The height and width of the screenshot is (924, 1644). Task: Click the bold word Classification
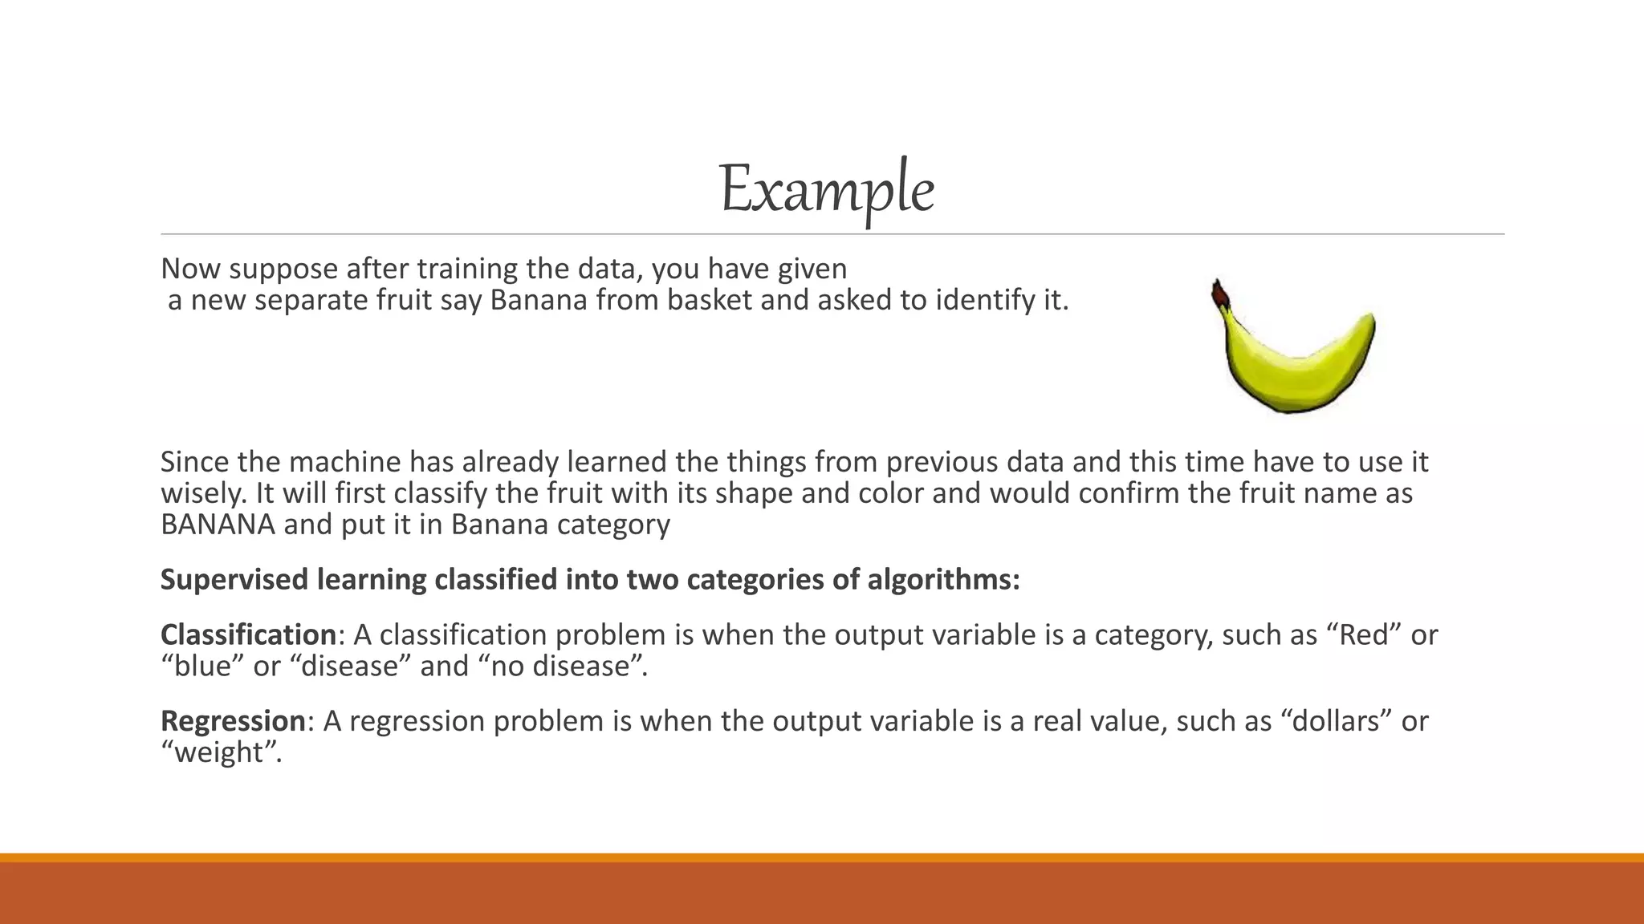(247, 635)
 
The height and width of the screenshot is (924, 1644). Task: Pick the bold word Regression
(233, 721)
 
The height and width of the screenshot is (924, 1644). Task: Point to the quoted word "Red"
(1364, 635)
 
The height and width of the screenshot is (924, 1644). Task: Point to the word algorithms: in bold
(944, 580)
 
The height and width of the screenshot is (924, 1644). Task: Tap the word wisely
(204, 493)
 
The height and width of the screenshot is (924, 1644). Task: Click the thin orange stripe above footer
(822, 857)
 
